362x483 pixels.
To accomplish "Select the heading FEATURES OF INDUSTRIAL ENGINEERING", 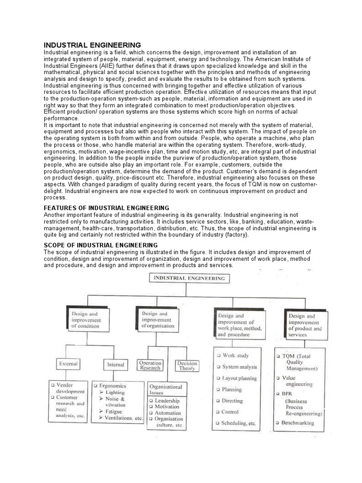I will (106, 208).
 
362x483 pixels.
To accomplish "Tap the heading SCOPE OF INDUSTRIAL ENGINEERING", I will (100, 245).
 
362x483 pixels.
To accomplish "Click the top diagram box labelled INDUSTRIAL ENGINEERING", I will (189, 278).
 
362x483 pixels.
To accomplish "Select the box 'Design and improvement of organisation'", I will (158, 319).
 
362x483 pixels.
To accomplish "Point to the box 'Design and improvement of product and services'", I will (305, 325).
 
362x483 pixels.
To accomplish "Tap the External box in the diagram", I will (68, 364).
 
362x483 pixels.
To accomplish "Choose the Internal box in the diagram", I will (115, 364).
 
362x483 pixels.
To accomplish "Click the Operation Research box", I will (150, 366).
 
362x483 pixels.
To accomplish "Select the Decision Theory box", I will (187, 366).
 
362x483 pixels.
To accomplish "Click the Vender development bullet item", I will (70, 388).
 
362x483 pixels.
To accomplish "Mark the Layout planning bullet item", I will (239, 378).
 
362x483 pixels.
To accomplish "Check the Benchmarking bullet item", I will (297, 423).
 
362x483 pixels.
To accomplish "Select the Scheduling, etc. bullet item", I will (239, 423).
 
